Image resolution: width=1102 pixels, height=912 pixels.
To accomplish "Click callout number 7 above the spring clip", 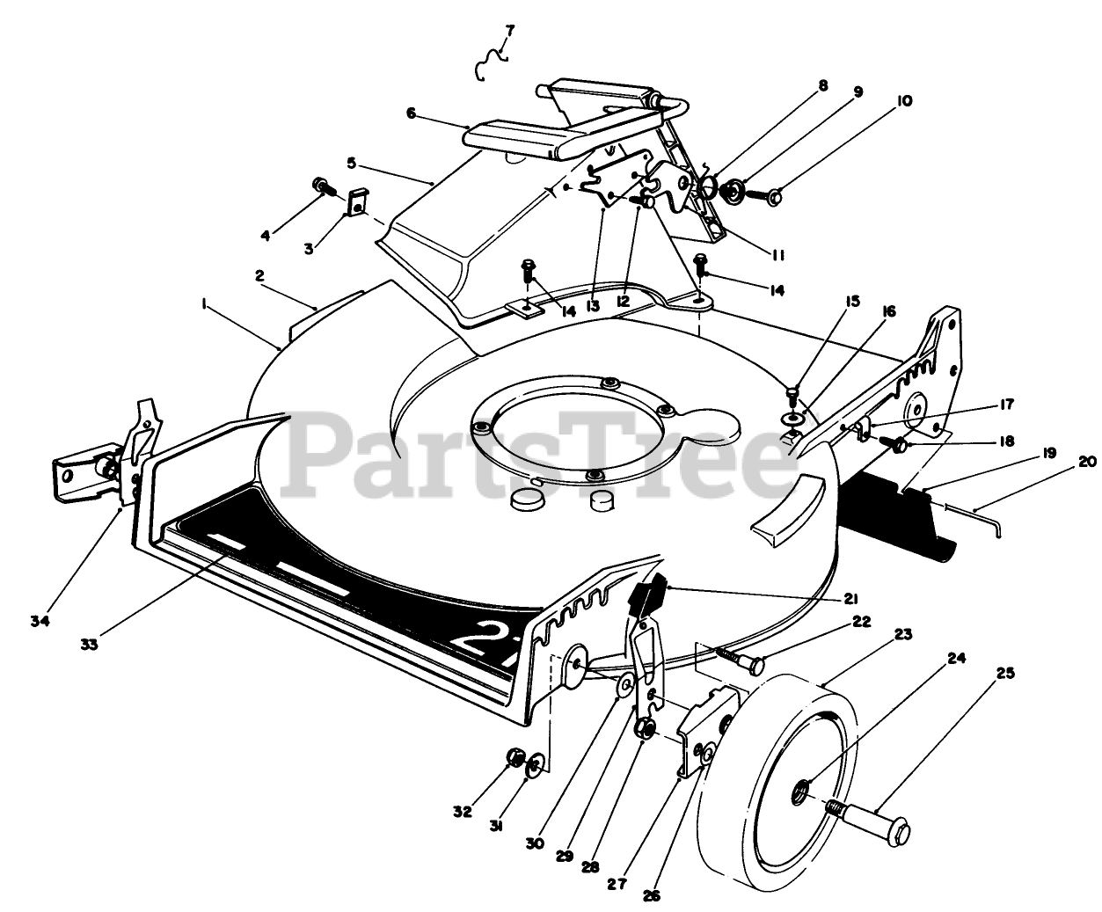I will (509, 31).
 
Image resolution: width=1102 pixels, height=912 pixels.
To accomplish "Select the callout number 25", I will (1005, 675).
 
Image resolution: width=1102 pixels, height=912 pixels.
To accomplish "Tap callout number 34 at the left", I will (39, 622).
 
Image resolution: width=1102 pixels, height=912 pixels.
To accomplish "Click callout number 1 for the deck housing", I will (203, 303).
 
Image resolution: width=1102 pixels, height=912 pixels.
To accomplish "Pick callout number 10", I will (904, 101).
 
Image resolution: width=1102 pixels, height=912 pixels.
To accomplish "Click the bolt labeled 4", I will (321, 186).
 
